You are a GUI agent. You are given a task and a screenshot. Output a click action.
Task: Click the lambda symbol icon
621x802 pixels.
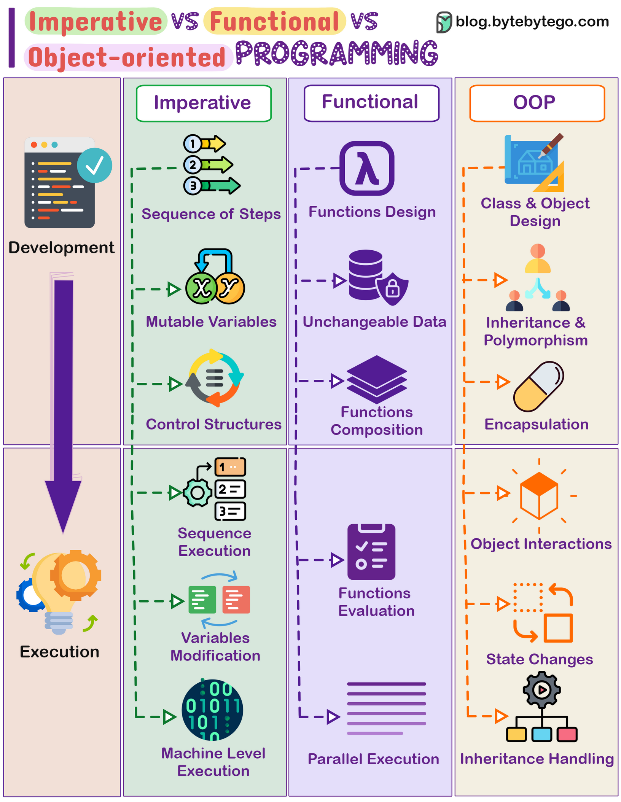366,169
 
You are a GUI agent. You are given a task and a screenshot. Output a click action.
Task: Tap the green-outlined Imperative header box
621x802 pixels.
204,103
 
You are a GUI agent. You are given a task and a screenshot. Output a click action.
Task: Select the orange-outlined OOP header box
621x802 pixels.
537,103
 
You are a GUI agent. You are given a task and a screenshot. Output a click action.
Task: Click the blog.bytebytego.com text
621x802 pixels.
532,22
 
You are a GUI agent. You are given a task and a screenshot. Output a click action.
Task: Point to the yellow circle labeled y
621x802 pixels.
229,288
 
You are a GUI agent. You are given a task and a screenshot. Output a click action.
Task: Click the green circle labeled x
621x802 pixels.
201,288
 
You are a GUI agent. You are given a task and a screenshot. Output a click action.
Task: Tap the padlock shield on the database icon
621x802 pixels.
392,289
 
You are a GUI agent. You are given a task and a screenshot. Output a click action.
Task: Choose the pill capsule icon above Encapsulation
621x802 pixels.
538,386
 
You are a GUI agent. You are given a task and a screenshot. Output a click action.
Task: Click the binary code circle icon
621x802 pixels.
212,710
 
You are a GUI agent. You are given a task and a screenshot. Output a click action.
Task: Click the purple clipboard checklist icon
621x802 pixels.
371,552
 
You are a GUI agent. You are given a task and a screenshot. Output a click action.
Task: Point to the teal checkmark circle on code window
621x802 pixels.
94,165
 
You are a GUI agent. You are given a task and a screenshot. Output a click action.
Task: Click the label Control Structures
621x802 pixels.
213,424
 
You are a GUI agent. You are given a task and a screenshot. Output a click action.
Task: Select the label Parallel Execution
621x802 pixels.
373,759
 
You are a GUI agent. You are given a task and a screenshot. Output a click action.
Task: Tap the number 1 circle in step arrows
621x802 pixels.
193,144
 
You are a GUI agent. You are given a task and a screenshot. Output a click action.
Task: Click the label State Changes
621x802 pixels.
539,659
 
